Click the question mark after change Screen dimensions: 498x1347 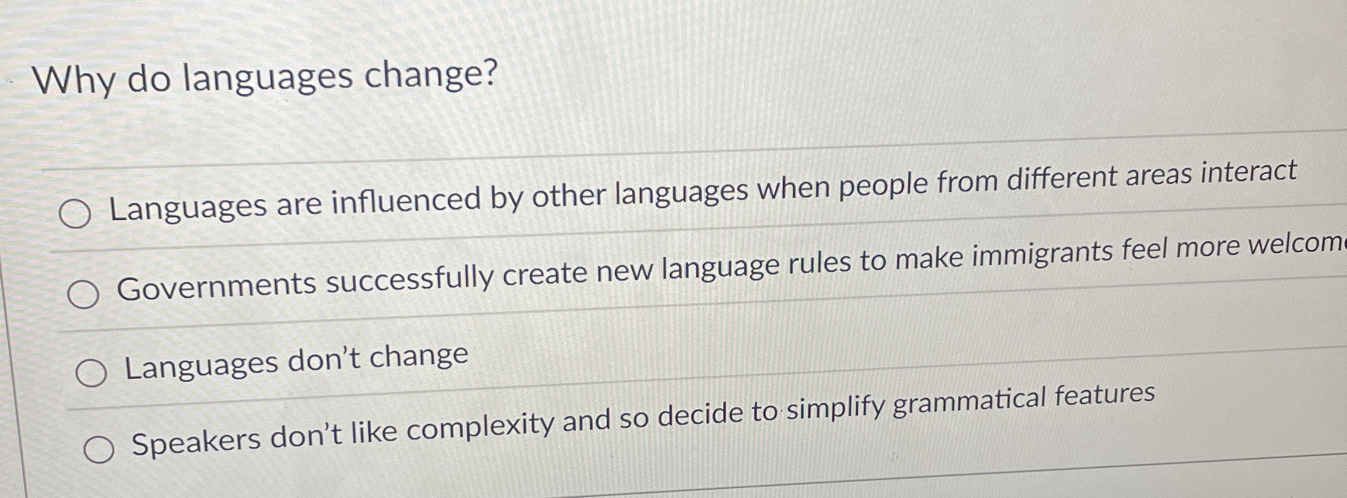pos(487,74)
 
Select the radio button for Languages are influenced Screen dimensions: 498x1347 pos(75,214)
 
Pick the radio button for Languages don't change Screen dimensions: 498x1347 pos(91,373)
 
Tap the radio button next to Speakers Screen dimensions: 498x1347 pos(99,449)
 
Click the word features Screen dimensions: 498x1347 pos(1105,395)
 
